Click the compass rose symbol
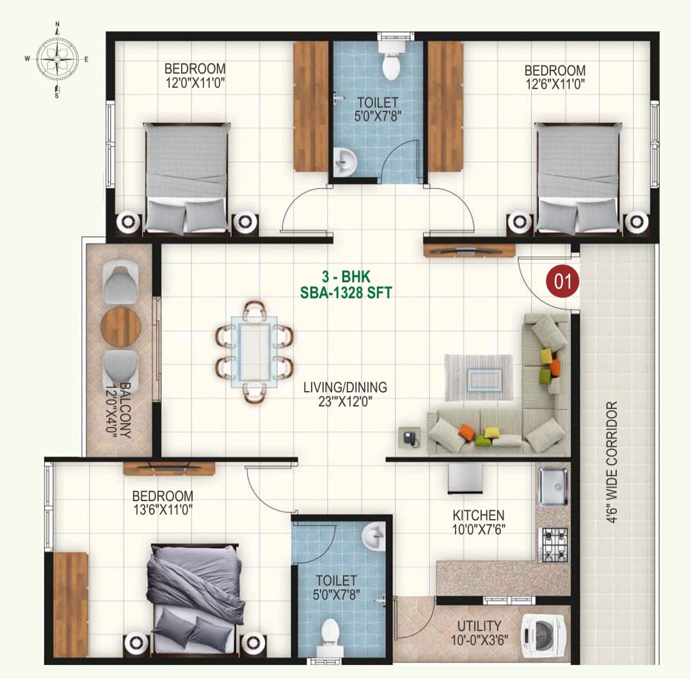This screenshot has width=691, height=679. point(57,59)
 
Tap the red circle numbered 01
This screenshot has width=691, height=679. point(563,281)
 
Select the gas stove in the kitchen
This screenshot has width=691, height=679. point(554,545)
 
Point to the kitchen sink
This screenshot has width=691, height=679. point(553,487)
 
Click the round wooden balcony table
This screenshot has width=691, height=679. point(120,327)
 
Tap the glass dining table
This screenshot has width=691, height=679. point(254,351)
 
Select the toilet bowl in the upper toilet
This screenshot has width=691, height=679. point(391,61)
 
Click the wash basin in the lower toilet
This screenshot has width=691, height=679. point(374,536)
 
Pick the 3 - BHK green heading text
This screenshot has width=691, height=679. point(346,276)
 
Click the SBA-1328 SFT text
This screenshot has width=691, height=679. point(346,292)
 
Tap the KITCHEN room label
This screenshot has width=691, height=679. point(479,515)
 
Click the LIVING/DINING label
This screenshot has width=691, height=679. point(345,387)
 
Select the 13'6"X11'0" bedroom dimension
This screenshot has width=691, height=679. point(163,509)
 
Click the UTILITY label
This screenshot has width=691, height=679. point(479,626)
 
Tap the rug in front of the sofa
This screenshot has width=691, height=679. point(479,378)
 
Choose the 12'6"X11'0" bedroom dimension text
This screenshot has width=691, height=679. point(555,84)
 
